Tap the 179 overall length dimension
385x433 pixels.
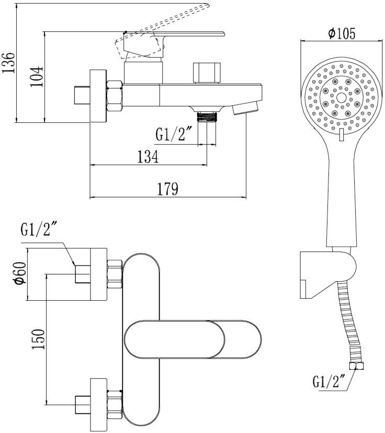tap(167, 188)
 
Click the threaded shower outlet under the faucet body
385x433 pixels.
tap(207, 116)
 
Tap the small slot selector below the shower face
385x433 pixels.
tap(341, 135)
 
